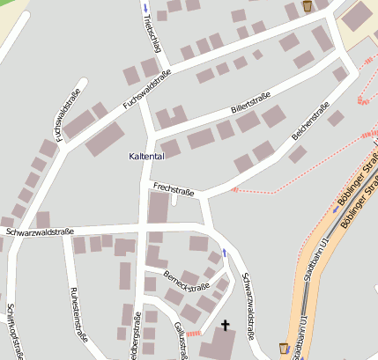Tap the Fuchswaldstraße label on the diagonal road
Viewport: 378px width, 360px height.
pyautogui.click(x=146, y=90)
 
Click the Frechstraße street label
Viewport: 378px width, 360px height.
pyautogui.click(x=173, y=188)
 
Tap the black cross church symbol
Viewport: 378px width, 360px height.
pyautogui.click(x=224, y=326)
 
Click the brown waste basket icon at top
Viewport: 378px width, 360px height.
pyautogui.click(x=307, y=6)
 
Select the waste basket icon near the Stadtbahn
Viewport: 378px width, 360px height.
pyautogui.click(x=284, y=349)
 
